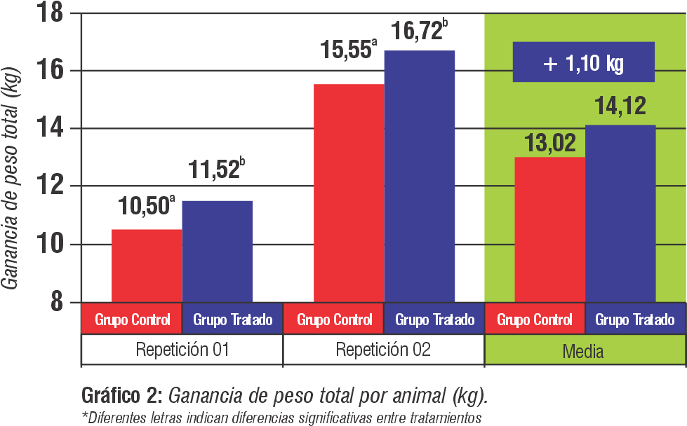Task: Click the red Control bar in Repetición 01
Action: [x=147, y=266]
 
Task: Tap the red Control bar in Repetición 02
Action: [x=349, y=193]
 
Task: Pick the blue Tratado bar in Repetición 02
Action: [x=420, y=176]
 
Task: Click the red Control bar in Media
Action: [x=549, y=229]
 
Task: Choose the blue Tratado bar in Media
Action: [x=620, y=214]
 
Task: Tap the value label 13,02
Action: [x=549, y=142]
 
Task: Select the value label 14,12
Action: [x=620, y=106]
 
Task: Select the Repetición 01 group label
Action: [x=182, y=350]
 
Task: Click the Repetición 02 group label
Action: [x=383, y=350]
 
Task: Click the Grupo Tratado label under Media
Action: [x=635, y=320]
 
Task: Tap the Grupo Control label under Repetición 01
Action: [x=133, y=320]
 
